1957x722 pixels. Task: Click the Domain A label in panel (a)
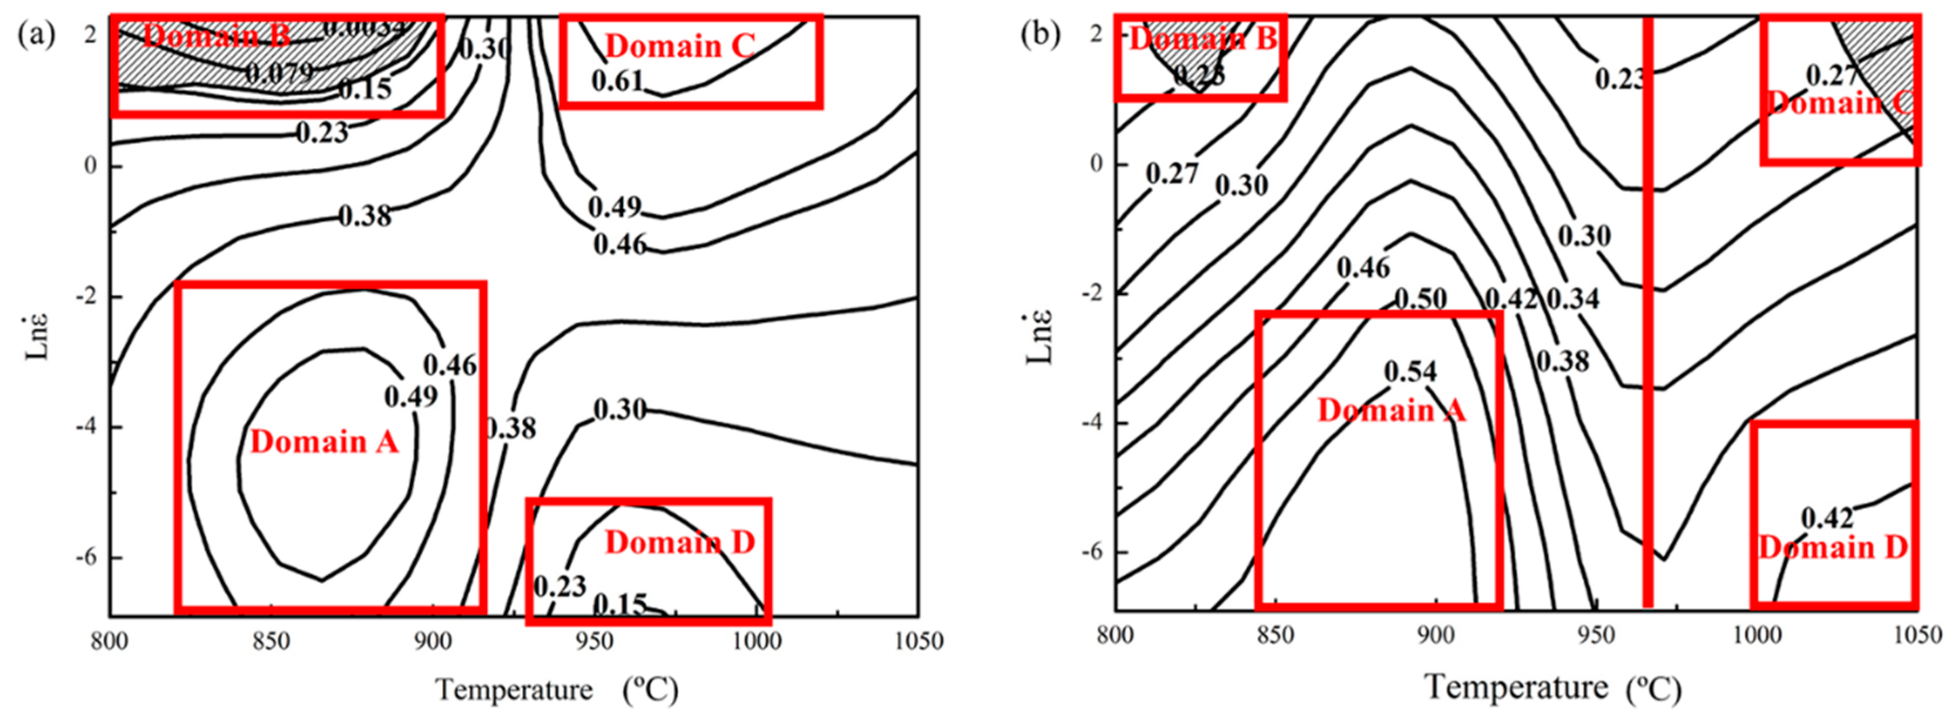[324, 442]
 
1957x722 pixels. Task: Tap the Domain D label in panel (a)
[680, 543]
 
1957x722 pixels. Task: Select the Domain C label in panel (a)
[680, 46]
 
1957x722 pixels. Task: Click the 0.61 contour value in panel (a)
[617, 80]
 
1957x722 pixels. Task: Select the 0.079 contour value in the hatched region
[279, 73]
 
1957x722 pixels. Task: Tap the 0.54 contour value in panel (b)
[1410, 372]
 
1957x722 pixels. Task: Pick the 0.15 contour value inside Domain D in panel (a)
[619, 604]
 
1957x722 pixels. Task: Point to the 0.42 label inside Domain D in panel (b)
[1827, 518]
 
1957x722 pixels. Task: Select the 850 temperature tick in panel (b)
[1275, 635]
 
